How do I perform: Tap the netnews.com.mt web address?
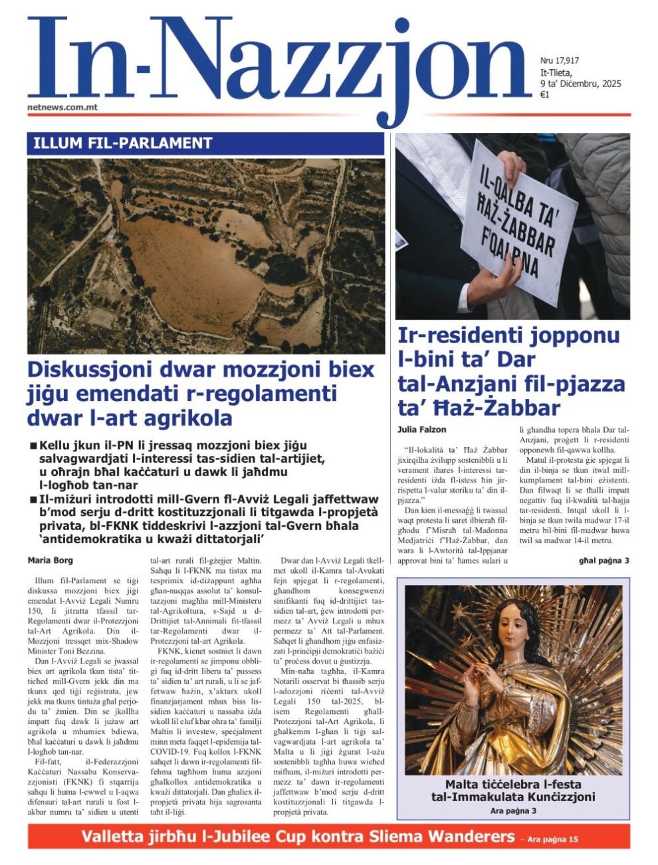(x=62, y=106)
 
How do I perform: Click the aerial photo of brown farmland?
(x=206, y=256)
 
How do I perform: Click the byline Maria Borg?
(x=51, y=560)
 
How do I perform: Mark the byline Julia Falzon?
(x=422, y=430)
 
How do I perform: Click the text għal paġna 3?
(x=603, y=560)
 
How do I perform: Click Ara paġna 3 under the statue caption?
(x=513, y=810)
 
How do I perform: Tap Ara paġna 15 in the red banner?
(x=552, y=839)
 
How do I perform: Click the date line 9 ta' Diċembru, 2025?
(x=580, y=84)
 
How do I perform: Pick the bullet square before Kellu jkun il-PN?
(x=33, y=445)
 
